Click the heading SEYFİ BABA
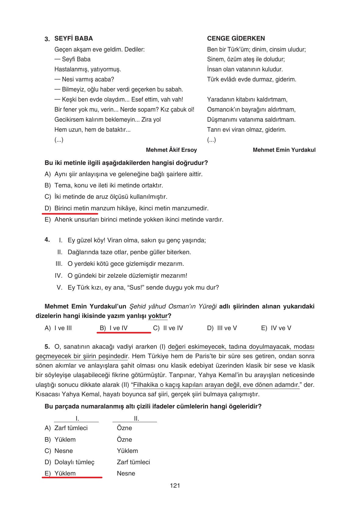73,38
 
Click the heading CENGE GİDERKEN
236,38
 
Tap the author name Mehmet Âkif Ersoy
171,150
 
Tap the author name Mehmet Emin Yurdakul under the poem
284,150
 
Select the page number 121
175,486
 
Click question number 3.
47,39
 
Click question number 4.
47,240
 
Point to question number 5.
47,347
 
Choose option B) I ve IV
114,328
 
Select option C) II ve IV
168,328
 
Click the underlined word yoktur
158,316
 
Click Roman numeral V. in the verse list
59,287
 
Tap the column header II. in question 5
136,419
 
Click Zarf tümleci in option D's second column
133,462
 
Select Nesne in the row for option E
126,473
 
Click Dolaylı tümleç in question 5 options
74,462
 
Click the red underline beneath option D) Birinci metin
70,214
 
